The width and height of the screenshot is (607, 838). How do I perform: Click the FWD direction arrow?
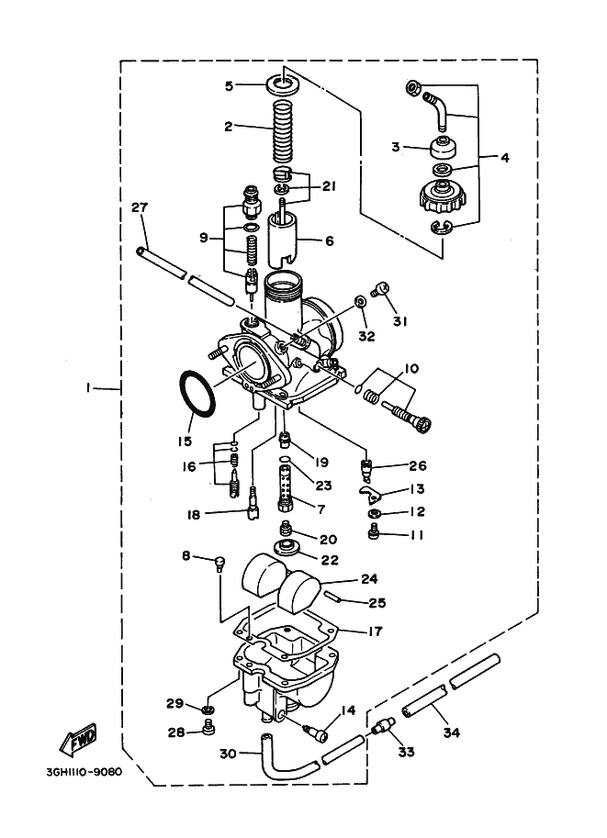[x=78, y=741]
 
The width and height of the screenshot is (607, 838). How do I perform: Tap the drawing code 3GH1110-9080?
[x=84, y=772]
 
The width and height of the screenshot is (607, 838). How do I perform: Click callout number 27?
[x=140, y=207]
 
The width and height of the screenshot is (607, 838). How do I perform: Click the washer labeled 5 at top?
[x=283, y=85]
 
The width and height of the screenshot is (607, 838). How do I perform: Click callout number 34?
[x=451, y=732]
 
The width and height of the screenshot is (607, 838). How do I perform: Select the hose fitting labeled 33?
[x=385, y=727]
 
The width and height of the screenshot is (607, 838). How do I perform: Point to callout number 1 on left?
[x=88, y=388]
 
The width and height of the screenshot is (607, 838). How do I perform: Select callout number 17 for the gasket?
[x=376, y=631]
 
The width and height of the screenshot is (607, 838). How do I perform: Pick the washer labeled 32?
[x=361, y=301]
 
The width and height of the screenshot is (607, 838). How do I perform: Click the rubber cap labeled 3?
[x=444, y=148]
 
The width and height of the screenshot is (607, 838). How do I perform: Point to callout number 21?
[x=329, y=186]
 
